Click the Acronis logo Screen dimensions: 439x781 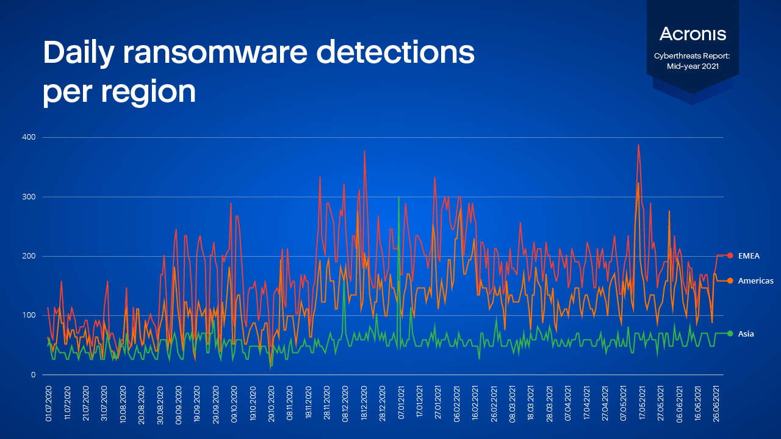693,34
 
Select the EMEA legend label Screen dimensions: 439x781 749,255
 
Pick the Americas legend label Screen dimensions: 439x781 755,280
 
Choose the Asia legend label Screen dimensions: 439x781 746,334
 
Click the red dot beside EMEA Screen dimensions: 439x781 730,255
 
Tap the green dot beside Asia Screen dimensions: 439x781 730,334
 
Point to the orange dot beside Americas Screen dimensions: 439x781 730,280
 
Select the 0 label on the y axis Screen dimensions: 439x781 34,374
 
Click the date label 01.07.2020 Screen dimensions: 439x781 48,402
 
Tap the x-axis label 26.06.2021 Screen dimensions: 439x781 717,402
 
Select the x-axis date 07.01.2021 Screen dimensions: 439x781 401,402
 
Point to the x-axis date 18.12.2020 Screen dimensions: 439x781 364,402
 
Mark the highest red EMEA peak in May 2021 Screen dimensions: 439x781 638,146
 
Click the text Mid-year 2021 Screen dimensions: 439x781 693,65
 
